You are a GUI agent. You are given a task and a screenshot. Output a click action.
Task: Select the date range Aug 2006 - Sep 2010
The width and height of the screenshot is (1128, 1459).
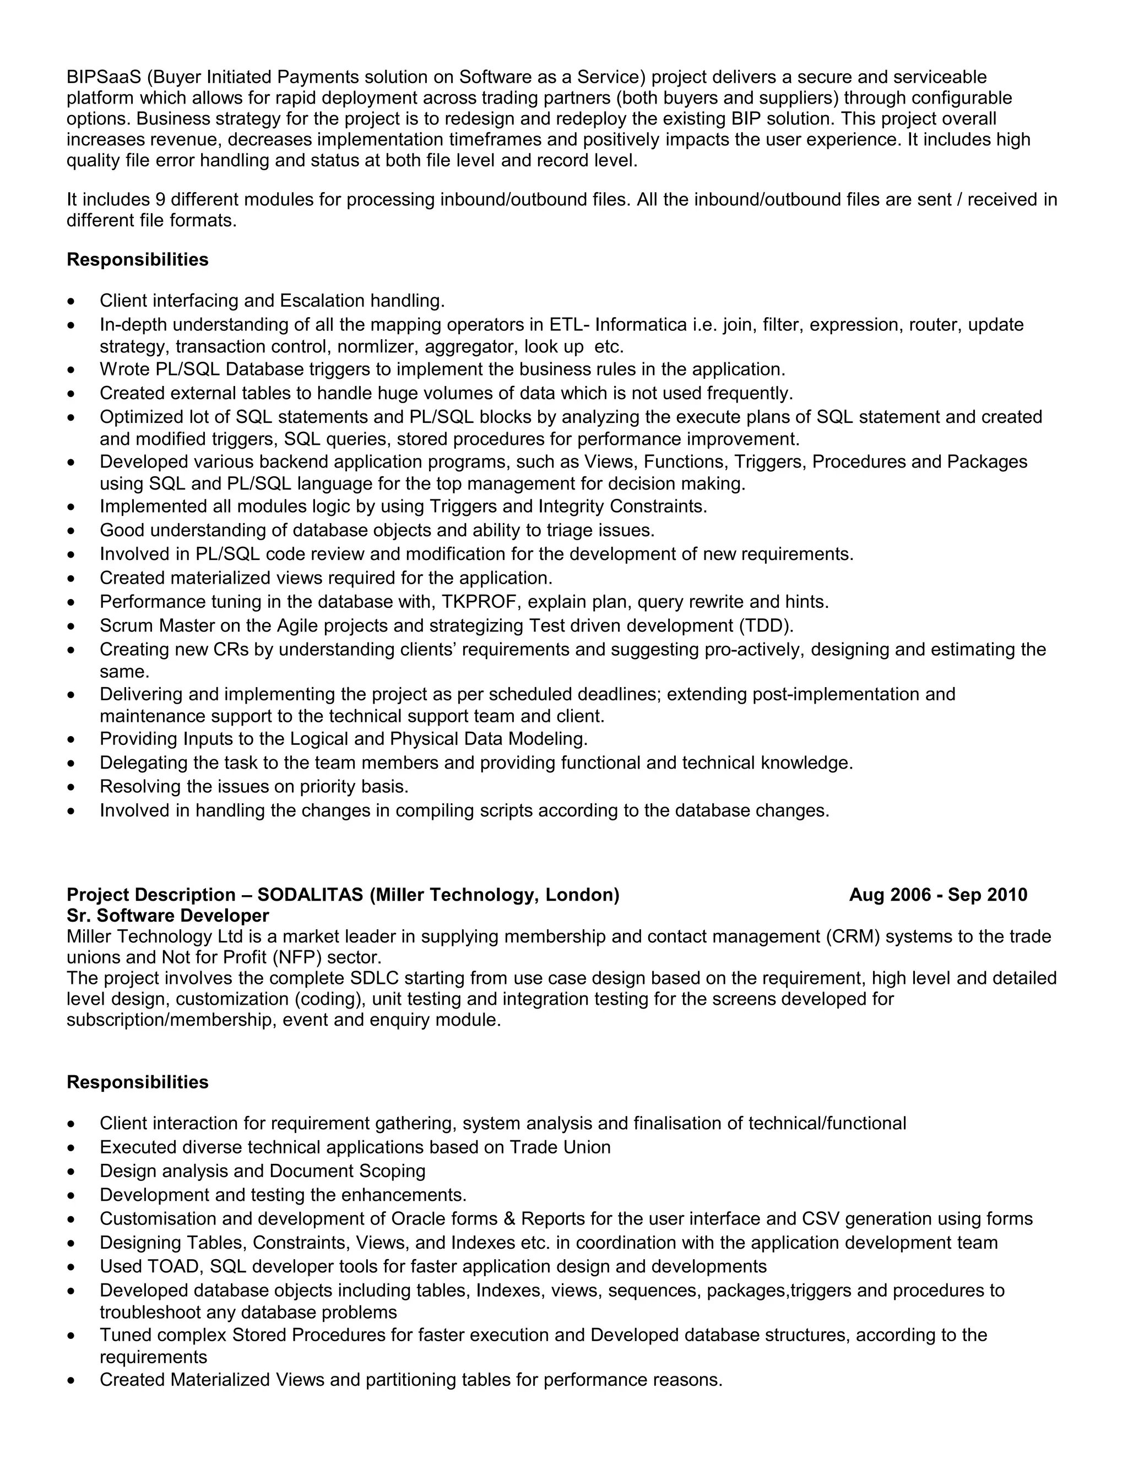937,895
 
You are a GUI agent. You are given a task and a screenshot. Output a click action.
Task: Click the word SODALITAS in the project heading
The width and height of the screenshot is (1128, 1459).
310,895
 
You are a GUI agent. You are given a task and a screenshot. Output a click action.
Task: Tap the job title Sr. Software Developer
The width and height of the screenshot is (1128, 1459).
168,916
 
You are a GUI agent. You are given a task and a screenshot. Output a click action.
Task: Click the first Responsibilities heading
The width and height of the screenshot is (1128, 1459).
138,260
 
